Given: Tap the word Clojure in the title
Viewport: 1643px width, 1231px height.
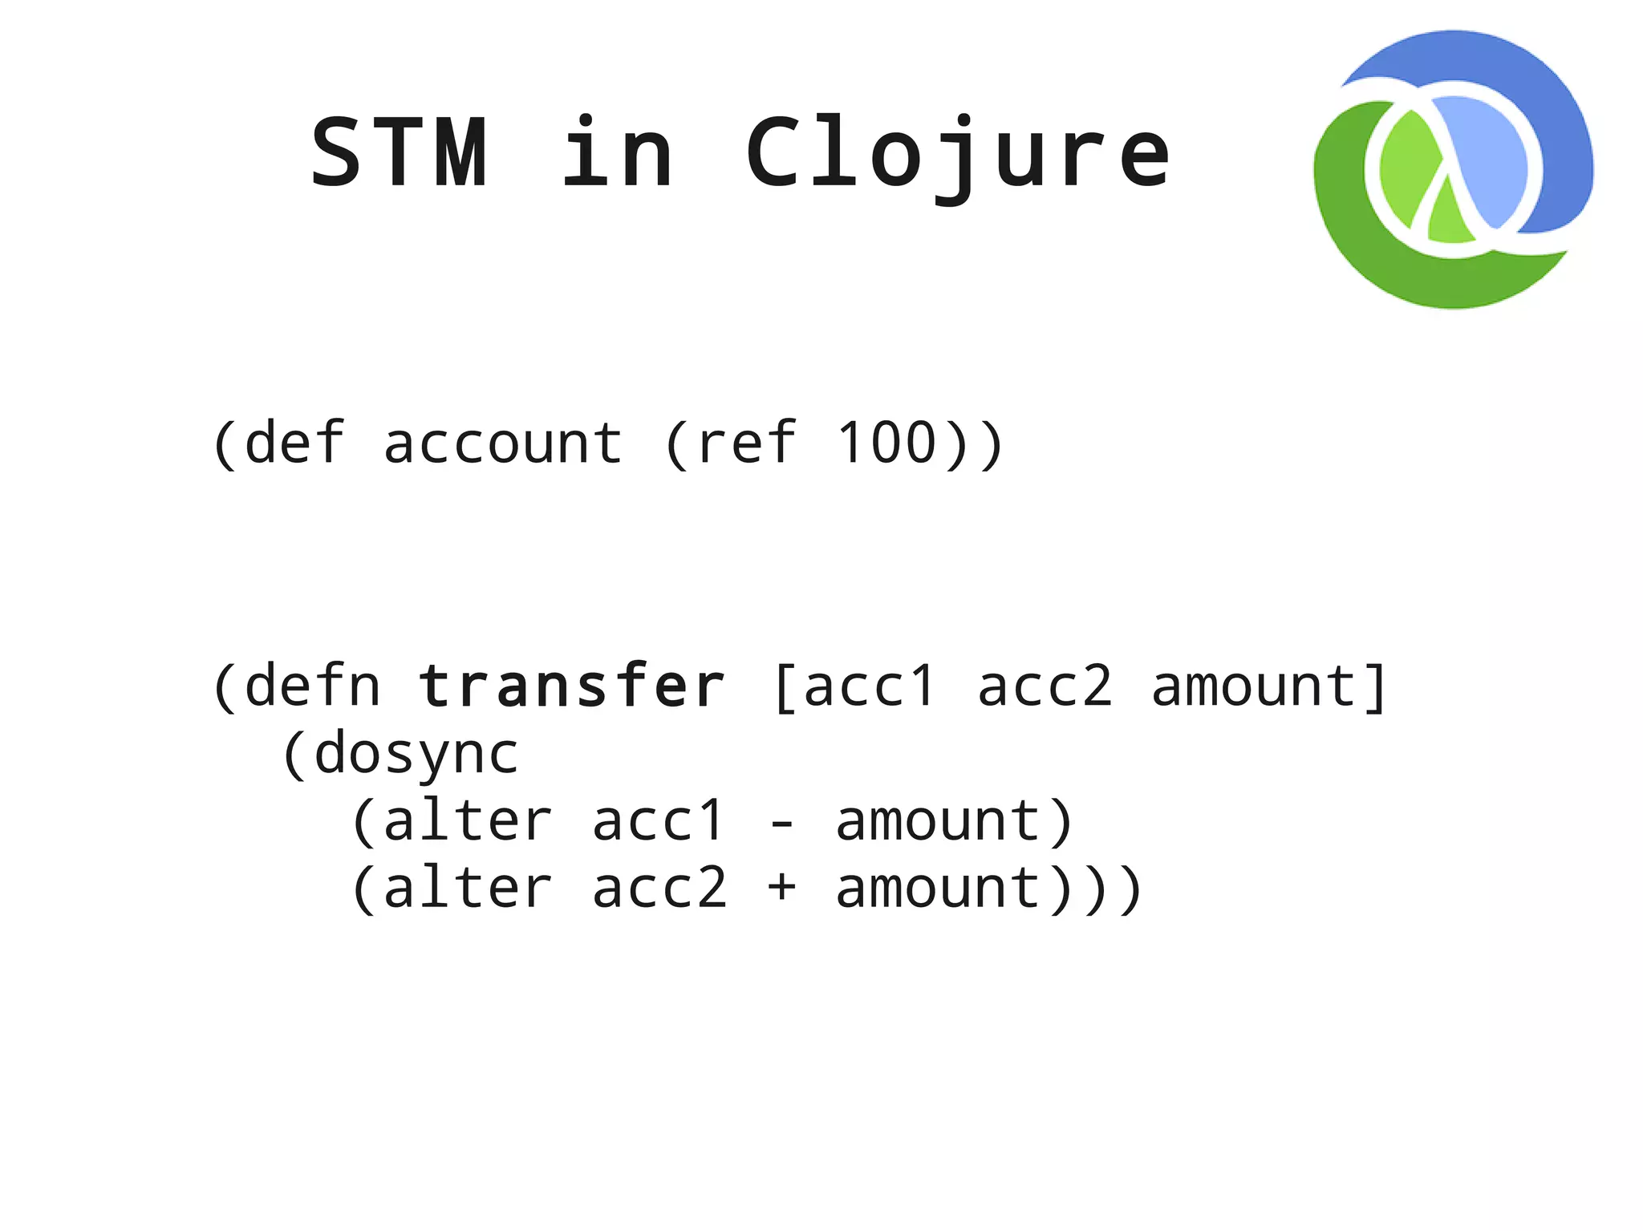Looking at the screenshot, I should pyautogui.click(x=958, y=154).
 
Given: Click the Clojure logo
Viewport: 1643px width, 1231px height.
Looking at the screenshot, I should pyautogui.click(x=1453, y=170).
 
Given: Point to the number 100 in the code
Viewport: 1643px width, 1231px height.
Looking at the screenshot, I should pyautogui.click(x=886, y=443).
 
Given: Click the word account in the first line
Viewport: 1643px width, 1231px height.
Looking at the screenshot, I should pyautogui.click(x=503, y=443).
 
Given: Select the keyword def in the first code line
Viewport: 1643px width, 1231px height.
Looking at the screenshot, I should pyautogui.click(x=294, y=443).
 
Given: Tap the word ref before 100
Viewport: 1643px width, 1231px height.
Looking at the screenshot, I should pyautogui.click(x=746, y=443).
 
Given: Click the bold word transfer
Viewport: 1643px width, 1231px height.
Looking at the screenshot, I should pyautogui.click(x=572, y=686).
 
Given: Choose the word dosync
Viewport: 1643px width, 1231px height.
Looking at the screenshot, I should pyautogui.click(x=416, y=755).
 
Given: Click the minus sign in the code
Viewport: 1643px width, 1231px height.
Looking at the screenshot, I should pyautogui.click(x=781, y=823).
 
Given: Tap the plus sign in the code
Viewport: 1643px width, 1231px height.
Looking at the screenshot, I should pyautogui.click(x=781, y=889).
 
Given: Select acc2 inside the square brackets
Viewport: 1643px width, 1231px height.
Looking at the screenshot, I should pyautogui.click(x=1044, y=687).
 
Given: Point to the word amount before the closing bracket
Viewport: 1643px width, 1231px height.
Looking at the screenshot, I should pyautogui.click(x=1253, y=687).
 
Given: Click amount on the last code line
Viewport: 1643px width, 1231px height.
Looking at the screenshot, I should pyautogui.click(x=939, y=889).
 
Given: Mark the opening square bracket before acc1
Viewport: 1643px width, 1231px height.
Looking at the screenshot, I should pyautogui.click(x=785, y=687).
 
